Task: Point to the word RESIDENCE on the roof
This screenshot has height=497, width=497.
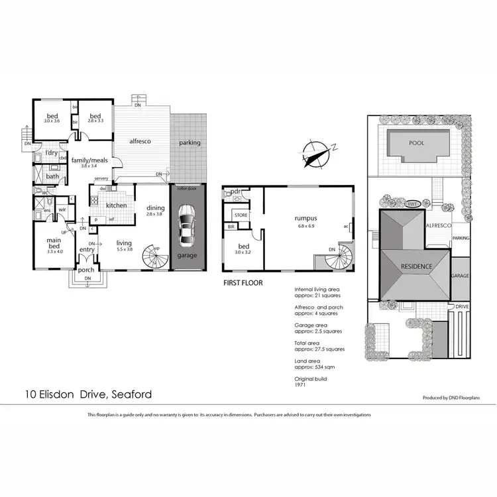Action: (x=416, y=266)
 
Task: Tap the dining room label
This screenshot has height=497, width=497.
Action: (x=155, y=207)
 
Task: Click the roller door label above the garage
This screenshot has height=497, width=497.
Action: (x=188, y=188)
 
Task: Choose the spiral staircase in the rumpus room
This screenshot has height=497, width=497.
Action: (x=340, y=255)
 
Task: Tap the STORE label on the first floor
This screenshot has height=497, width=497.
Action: (x=241, y=215)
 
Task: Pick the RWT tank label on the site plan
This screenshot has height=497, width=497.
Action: (x=413, y=204)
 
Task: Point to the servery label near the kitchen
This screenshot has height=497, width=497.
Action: (x=101, y=178)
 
